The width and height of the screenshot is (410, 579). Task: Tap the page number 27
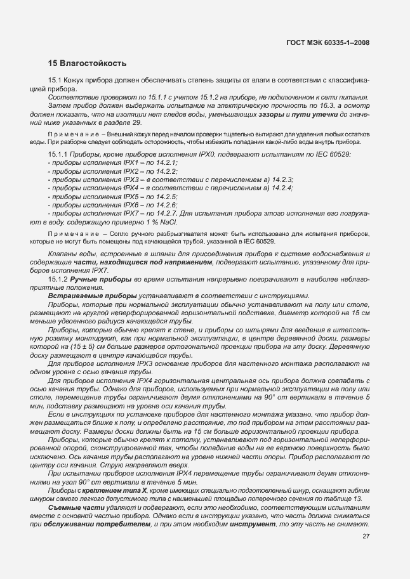click(x=366, y=554)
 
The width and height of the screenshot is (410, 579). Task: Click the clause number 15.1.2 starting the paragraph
click(x=58, y=279)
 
